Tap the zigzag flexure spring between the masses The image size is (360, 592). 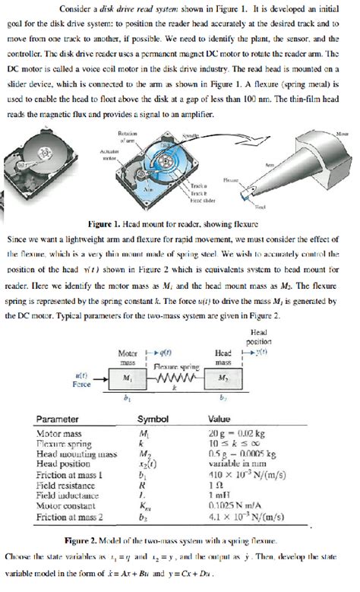177,378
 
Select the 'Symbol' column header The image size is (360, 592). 152,419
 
